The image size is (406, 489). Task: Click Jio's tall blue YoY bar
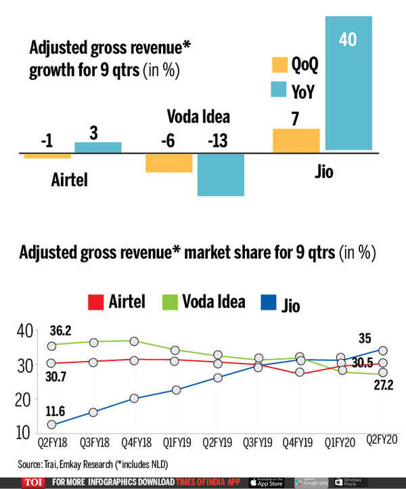[x=348, y=81]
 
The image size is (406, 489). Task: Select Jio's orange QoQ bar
[x=296, y=141]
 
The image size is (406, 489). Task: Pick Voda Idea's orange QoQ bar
[x=168, y=163]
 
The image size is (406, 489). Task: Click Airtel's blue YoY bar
[x=97, y=148]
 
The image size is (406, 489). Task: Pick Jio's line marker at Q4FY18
[x=135, y=398]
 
